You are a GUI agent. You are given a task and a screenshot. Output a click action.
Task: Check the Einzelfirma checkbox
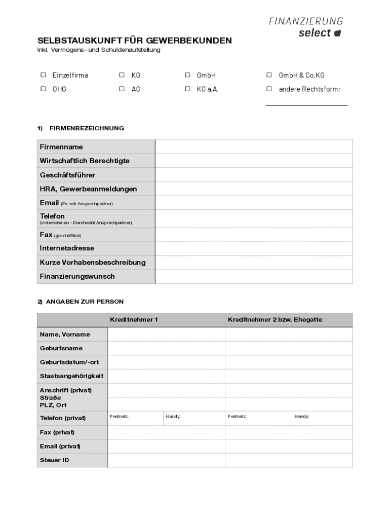pos(43,75)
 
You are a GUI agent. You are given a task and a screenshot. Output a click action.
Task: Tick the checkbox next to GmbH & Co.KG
pos(269,75)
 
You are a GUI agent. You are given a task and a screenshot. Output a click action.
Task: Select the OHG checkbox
pos(43,89)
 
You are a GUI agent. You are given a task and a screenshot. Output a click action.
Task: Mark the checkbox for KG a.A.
pos(187,89)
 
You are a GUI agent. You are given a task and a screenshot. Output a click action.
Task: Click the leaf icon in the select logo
pos(338,33)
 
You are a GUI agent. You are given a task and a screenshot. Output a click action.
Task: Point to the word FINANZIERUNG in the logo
pos(305,21)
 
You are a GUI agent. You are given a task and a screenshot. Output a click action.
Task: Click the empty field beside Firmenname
pos(253,147)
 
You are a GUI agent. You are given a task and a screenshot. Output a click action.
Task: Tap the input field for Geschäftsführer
pos(253,175)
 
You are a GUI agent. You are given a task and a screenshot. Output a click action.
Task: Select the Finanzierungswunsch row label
pos(77,276)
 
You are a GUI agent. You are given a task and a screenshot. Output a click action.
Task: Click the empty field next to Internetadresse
pos(253,248)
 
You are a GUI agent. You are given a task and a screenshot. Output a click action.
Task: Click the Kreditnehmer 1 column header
pos(134,320)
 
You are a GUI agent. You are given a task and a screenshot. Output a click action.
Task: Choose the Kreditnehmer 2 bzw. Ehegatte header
pos(275,320)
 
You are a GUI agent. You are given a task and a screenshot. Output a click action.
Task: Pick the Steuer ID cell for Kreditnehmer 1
pos(166,460)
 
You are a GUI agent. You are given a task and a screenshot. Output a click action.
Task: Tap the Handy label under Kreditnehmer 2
pos(301,416)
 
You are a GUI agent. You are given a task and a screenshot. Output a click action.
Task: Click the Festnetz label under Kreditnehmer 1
pos(119,416)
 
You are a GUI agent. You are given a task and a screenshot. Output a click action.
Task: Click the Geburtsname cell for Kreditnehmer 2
pos(289,348)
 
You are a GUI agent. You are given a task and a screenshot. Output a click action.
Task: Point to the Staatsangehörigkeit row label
pos(71,376)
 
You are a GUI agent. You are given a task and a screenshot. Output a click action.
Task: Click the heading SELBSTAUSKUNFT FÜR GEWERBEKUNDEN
pos(134,41)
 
